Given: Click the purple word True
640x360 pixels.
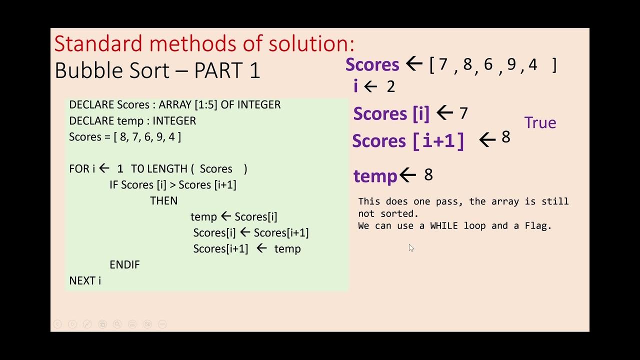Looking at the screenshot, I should pos(540,123).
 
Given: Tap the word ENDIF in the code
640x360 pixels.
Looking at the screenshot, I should pos(124,265).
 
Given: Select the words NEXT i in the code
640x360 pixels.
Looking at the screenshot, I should pos(85,281).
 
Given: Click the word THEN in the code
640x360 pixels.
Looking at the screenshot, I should pos(163,201).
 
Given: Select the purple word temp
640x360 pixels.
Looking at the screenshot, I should pos(375,176).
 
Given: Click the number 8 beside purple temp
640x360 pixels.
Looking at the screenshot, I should pos(428,174).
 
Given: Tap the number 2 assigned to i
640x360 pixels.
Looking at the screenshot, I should pos(391,87).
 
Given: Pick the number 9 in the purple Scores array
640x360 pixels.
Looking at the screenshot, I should pos(511,65).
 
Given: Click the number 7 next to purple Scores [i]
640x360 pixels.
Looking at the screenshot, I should pos(463,113).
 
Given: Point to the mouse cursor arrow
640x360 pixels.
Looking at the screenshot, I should pos(410,247).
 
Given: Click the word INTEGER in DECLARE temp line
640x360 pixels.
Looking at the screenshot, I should pos(174,121).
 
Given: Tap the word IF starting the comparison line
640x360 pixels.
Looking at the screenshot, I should pos(113,185).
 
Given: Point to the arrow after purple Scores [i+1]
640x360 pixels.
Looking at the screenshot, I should pos(487,140).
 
